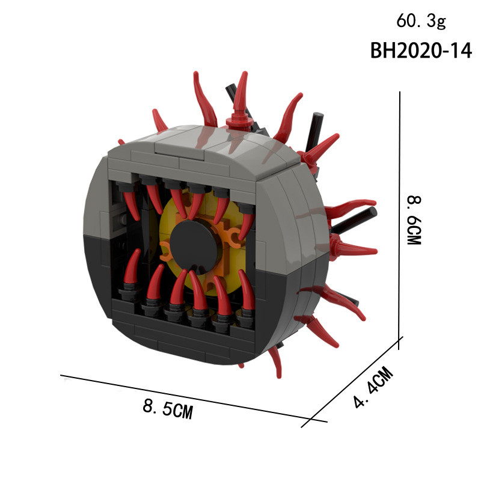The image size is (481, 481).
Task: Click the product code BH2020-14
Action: pos(421,51)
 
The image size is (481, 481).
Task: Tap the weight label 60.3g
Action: pos(421,22)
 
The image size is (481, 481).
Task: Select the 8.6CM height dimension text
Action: pos(414,220)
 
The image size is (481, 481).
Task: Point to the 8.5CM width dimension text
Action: pos(168,409)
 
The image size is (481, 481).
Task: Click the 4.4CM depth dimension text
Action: pos(373,387)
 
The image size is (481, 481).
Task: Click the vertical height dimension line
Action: pos(399,220)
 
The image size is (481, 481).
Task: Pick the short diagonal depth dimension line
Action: pos(352,382)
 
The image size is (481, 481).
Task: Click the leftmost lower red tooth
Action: pos(131,267)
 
